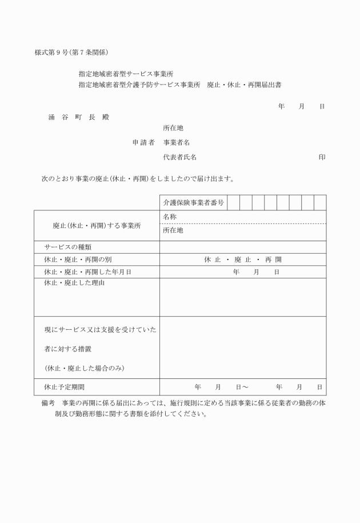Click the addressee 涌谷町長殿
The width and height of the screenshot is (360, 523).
point(78,117)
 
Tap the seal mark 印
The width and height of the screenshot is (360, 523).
point(322,157)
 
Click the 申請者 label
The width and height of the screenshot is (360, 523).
point(143,142)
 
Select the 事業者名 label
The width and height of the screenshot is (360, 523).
point(177,142)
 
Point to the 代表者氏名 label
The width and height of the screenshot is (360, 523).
point(180,157)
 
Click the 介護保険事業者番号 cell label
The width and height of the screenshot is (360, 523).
point(193,202)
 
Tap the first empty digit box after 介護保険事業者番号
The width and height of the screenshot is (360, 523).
point(233,202)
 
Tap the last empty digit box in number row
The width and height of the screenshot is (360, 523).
point(320,202)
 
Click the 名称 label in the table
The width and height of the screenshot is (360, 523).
point(169,217)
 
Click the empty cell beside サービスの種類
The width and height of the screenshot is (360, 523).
point(242,246)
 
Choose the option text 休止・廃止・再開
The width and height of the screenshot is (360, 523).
point(242,259)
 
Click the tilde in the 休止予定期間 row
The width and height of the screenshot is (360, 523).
point(245,387)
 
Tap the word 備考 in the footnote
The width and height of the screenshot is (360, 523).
point(48,402)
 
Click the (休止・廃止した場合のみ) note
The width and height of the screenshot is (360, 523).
point(84,368)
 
